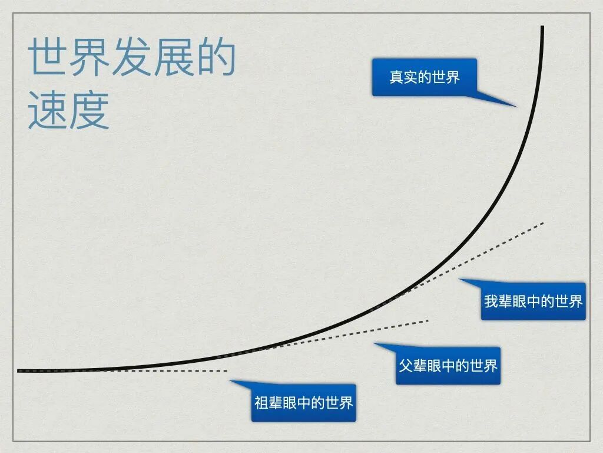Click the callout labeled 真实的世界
click(x=424, y=77)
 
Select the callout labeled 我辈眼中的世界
click(x=533, y=301)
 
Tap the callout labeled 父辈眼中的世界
click(x=448, y=366)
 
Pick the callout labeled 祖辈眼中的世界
click(x=303, y=403)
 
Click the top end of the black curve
click(x=542, y=27)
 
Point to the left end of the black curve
click(x=19, y=371)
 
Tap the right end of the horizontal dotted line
click(x=227, y=371)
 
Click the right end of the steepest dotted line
click(x=544, y=222)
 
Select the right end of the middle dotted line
click(x=429, y=320)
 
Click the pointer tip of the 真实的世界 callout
click(x=516, y=107)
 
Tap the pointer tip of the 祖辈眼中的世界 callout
click(x=230, y=380)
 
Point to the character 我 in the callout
click(x=491, y=301)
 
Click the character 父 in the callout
click(x=406, y=366)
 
